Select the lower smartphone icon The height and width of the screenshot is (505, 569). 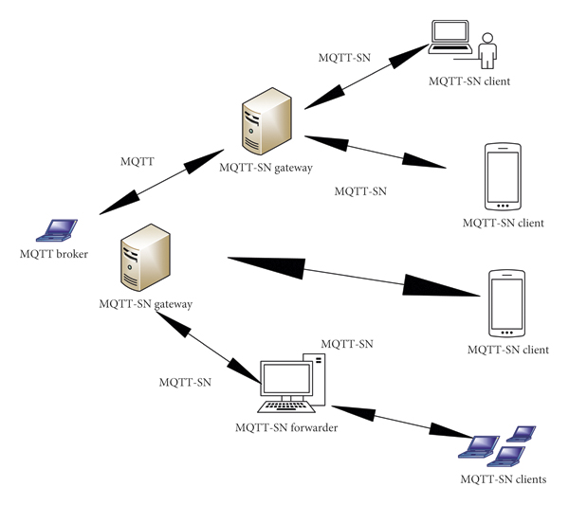click(x=506, y=304)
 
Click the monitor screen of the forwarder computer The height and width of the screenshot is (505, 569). click(x=286, y=381)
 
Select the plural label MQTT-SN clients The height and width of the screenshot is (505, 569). click(x=503, y=479)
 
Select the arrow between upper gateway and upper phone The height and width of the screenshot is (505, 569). click(x=376, y=152)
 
